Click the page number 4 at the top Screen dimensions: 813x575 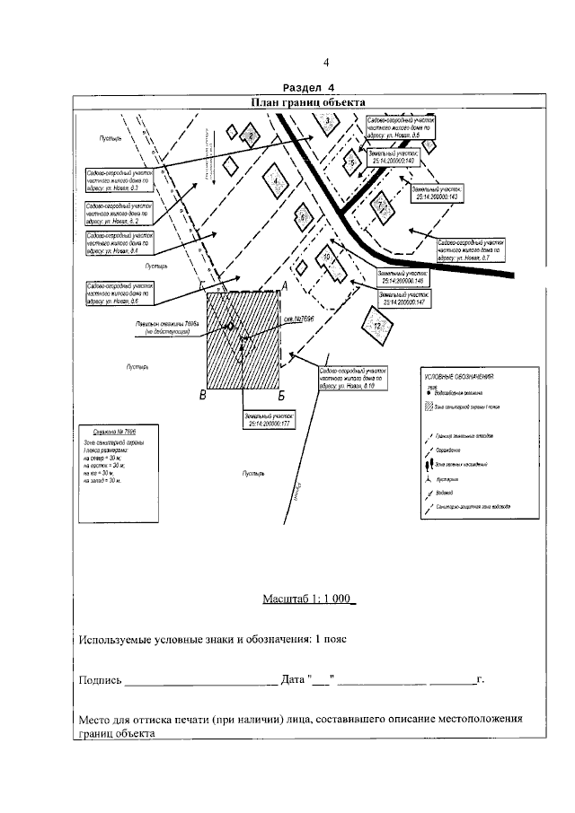(x=326, y=63)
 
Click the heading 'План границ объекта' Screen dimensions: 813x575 (x=307, y=102)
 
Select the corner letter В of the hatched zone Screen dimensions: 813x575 (x=204, y=396)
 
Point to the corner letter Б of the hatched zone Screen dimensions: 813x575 (x=281, y=395)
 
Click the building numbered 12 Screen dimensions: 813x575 (x=377, y=326)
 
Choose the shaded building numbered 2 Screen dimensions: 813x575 (x=252, y=135)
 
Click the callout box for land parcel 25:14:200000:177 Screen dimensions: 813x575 (x=270, y=421)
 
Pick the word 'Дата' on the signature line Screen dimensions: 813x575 (x=294, y=681)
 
